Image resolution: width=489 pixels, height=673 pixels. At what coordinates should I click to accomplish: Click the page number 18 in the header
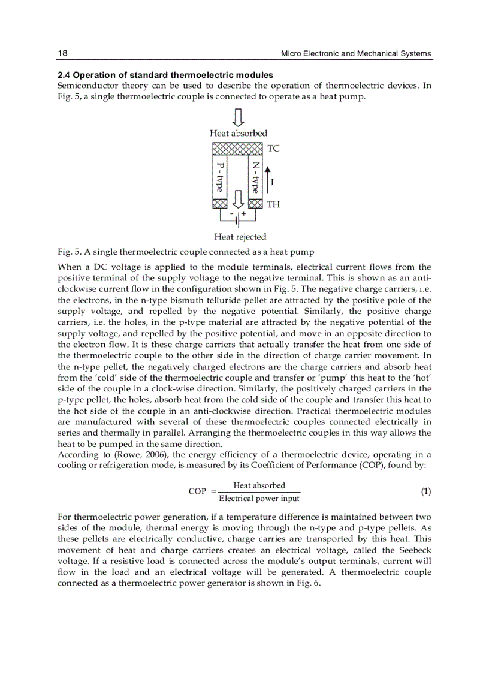[x=62, y=53]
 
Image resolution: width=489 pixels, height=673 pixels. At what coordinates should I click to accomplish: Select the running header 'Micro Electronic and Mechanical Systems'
[x=356, y=53]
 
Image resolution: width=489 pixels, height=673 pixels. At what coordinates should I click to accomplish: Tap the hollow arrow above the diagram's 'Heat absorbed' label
[x=238, y=117]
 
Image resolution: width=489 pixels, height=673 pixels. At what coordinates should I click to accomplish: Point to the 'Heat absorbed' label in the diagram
[x=239, y=133]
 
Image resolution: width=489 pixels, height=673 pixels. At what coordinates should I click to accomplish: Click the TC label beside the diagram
[x=273, y=148]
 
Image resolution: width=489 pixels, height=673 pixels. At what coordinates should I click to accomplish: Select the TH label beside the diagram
[x=273, y=204]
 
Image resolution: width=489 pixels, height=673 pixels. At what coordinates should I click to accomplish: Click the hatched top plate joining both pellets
[x=238, y=149]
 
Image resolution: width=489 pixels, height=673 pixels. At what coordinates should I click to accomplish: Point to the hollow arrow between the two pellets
[x=239, y=198]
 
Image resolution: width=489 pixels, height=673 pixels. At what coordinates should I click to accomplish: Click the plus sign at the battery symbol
[x=244, y=213]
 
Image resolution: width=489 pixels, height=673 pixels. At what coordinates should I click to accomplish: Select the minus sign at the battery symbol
[x=231, y=213]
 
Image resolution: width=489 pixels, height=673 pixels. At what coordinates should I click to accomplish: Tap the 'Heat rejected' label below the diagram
[x=240, y=237]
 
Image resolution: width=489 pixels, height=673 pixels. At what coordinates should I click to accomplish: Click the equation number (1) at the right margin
[x=425, y=491]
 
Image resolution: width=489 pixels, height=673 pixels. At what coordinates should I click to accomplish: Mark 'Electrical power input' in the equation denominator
[x=259, y=499]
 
